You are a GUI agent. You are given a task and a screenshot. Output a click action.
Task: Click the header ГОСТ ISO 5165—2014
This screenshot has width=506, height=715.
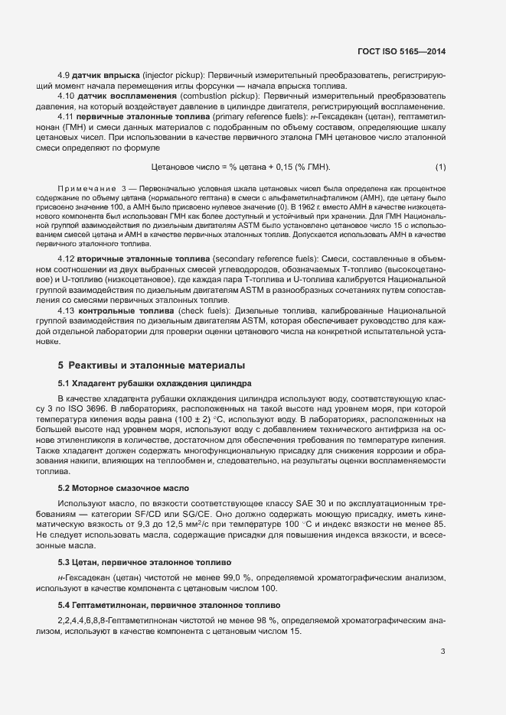tap(401, 51)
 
